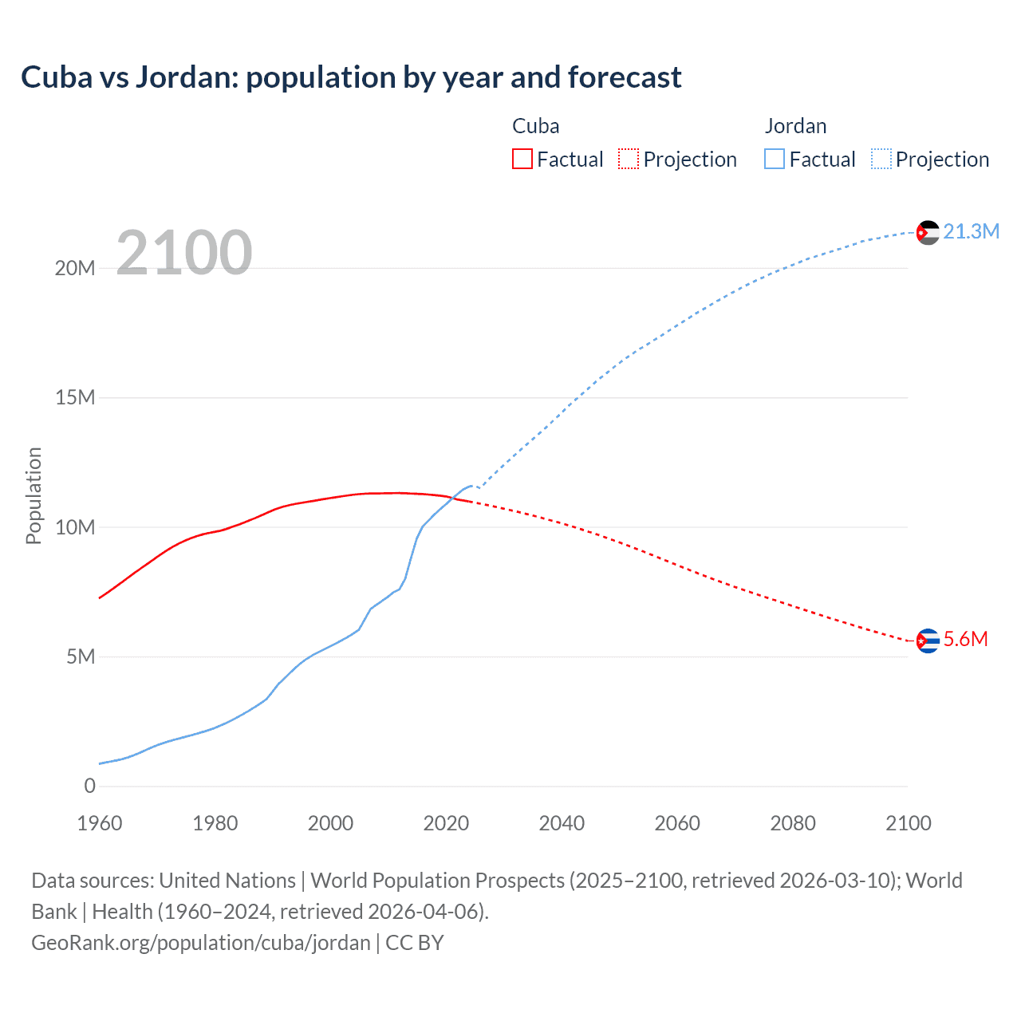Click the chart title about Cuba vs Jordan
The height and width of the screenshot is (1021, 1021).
(x=351, y=77)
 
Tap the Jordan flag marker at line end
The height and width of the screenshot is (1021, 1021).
(x=928, y=232)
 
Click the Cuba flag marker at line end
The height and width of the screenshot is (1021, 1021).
(x=928, y=641)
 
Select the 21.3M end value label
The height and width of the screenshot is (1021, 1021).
(x=971, y=231)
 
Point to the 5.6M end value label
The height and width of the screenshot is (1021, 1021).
(x=965, y=639)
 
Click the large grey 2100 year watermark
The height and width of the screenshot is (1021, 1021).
(x=184, y=253)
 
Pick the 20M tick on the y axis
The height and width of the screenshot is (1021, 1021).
(x=75, y=268)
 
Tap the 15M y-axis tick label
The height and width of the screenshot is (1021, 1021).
(x=75, y=397)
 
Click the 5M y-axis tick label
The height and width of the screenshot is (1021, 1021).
(x=81, y=656)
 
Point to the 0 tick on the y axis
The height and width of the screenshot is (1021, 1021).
(x=89, y=786)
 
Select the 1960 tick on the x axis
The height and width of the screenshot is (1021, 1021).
(x=100, y=823)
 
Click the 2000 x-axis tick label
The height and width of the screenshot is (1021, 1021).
(x=330, y=823)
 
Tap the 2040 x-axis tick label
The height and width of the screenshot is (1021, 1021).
(x=562, y=823)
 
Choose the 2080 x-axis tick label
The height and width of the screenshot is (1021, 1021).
(x=793, y=823)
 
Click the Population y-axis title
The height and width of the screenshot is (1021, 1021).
(x=34, y=495)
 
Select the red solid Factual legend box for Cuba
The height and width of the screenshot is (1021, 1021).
(x=522, y=160)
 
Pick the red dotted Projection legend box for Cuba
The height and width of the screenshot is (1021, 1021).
(x=629, y=160)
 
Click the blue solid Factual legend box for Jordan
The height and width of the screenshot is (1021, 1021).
(x=775, y=160)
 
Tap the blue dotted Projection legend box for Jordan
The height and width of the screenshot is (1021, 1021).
(x=881, y=160)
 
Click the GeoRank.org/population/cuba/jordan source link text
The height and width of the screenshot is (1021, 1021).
(x=201, y=943)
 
